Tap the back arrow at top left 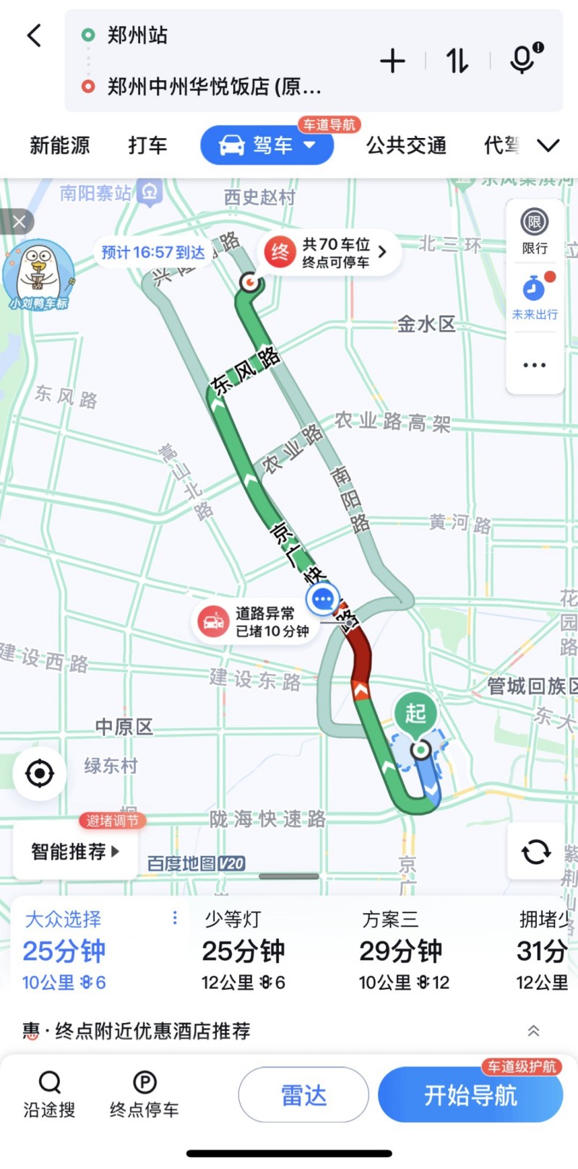click(x=34, y=35)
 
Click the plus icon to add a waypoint click(x=392, y=61)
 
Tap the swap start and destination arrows click(x=457, y=61)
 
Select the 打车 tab click(x=147, y=145)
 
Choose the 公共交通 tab click(x=406, y=145)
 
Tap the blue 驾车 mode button click(x=267, y=145)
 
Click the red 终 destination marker click(x=280, y=252)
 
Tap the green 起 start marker click(x=415, y=714)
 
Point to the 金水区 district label click(x=426, y=324)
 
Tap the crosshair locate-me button click(x=39, y=774)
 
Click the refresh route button click(x=535, y=851)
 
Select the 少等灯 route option click(x=243, y=950)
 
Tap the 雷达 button click(x=303, y=1095)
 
